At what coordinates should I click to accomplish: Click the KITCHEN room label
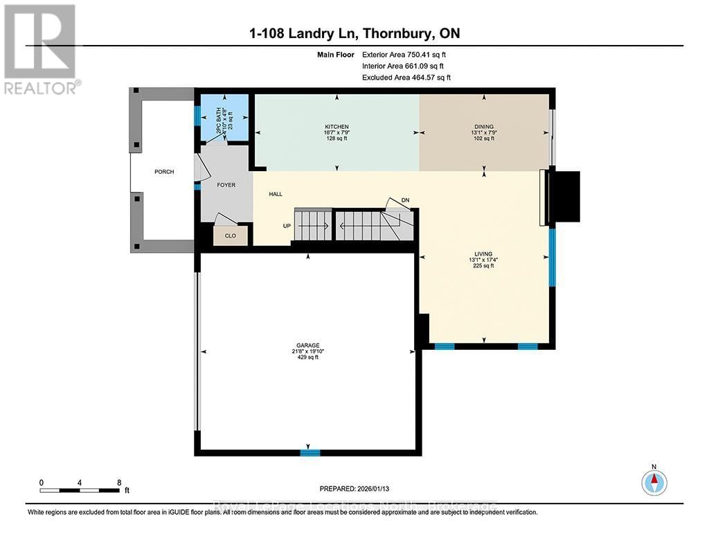pyautogui.click(x=336, y=127)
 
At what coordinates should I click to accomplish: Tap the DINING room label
pyautogui.click(x=484, y=127)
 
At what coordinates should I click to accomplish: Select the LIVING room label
pyautogui.click(x=483, y=254)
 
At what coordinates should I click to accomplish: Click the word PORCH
pyautogui.click(x=164, y=172)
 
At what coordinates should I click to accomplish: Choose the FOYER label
pyautogui.click(x=226, y=185)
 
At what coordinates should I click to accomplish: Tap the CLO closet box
pyautogui.click(x=230, y=236)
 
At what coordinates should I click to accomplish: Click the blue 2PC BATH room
pyautogui.click(x=223, y=118)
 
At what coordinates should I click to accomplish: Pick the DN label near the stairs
pyautogui.click(x=406, y=201)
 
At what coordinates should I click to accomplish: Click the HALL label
pyautogui.click(x=276, y=195)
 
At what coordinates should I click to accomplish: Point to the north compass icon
pyautogui.click(x=654, y=482)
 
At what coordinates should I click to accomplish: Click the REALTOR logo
pyautogui.click(x=39, y=48)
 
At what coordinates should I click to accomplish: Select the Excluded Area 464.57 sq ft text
pyautogui.click(x=406, y=78)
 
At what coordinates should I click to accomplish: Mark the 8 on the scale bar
pyautogui.click(x=118, y=482)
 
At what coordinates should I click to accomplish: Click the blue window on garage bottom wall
pyautogui.click(x=309, y=452)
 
